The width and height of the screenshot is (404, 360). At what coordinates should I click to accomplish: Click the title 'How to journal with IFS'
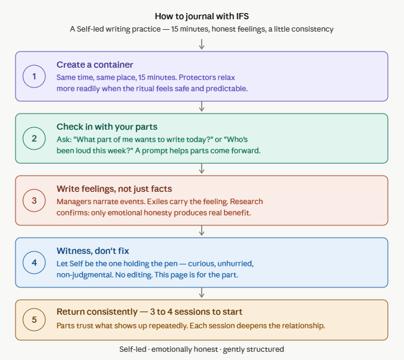pyautogui.click(x=202, y=16)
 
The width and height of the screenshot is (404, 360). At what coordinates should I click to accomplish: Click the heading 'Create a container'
pyautogui.click(x=95, y=65)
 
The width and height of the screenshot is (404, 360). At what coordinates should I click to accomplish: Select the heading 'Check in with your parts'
pyautogui.click(x=107, y=127)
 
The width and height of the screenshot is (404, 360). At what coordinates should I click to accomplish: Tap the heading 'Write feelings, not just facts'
pyautogui.click(x=114, y=189)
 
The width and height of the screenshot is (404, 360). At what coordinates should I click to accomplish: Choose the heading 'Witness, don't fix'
pyautogui.click(x=92, y=251)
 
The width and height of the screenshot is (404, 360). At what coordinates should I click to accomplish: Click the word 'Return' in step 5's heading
pyautogui.click(x=71, y=312)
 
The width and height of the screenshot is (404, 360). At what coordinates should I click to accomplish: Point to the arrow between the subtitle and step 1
pyautogui.click(x=202, y=44)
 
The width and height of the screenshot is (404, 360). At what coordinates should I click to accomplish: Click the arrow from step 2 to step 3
pyautogui.click(x=202, y=168)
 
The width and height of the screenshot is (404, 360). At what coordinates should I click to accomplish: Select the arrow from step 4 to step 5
pyautogui.click(x=202, y=292)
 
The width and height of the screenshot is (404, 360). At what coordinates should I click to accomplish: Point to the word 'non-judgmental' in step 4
pyautogui.click(x=85, y=275)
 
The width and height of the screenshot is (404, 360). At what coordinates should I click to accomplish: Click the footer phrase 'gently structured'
pyautogui.click(x=253, y=349)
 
